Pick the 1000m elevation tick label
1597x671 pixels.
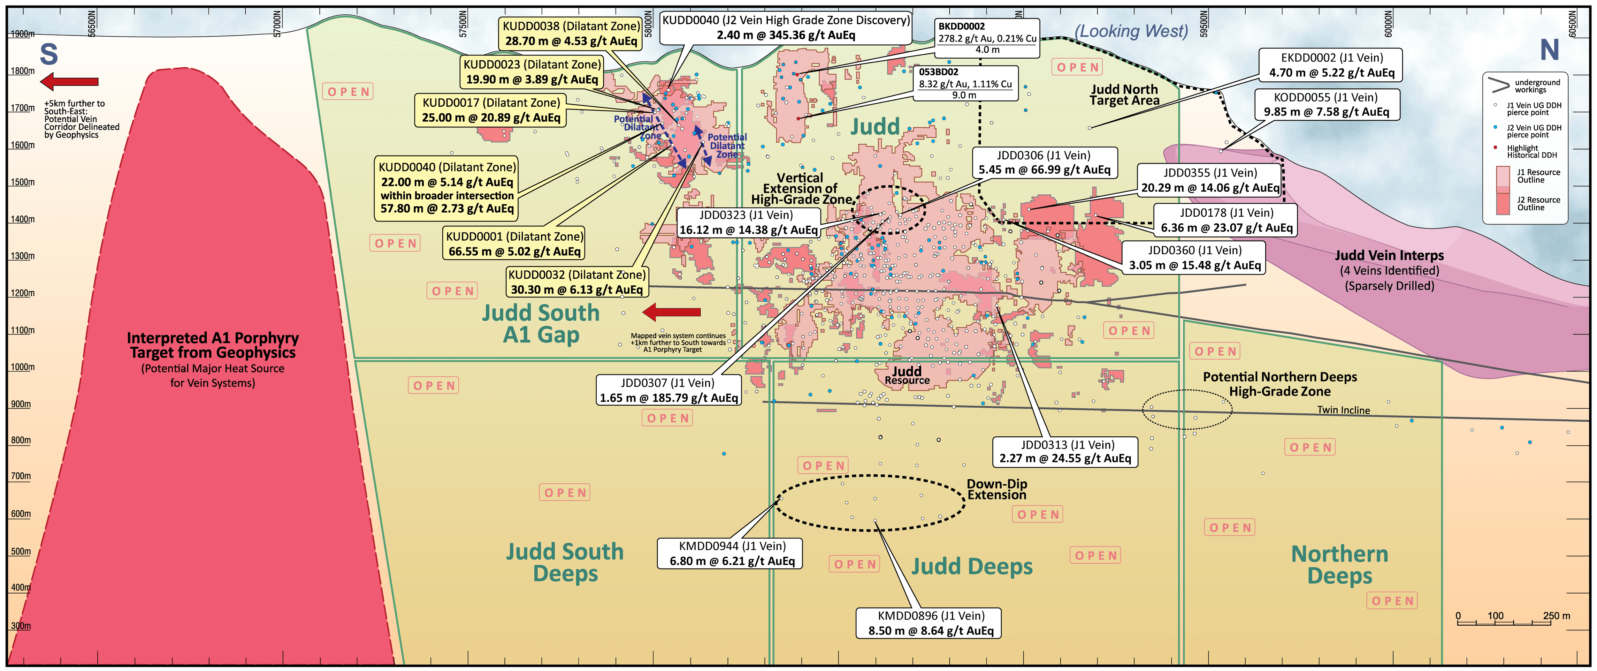click(x=22, y=367)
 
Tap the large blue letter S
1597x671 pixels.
click(x=49, y=55)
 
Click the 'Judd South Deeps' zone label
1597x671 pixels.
click(x=565, y=562)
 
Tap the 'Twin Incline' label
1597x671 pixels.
click(x=1343, y=410)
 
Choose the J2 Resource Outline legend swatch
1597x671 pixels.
click(x=1503, y=203)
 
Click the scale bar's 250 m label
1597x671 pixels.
click(x=1556, y=616)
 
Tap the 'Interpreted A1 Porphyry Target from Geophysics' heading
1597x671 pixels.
click(x=213, y=345)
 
